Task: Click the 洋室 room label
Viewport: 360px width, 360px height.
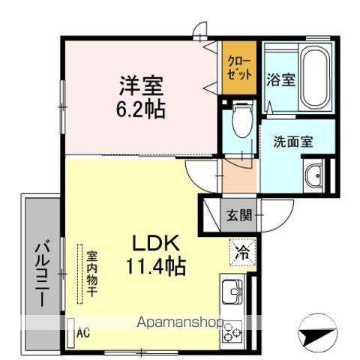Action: click(x=141, y=85)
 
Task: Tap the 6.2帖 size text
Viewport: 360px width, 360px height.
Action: click(x=141, y=109)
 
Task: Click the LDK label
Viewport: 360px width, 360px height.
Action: click(x=156, y=243)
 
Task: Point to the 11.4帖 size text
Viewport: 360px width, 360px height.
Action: click(x=156, y=266)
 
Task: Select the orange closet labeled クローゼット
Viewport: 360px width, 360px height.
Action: click(x=239, y=67)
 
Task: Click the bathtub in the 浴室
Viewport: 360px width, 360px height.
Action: click(x=314, y=78)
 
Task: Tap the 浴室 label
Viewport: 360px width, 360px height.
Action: click(x=281, y=79)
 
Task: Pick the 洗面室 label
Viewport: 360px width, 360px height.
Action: click(x=293, y=142)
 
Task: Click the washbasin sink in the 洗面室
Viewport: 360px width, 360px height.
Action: click(x=313, y=175)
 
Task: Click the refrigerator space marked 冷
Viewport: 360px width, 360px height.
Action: click(x=242, y=252)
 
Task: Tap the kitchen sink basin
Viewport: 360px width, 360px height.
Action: click(x=232, y=291)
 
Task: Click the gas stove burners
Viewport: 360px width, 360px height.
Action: click(x=232, y=332)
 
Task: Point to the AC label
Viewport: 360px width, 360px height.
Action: click(x=83, y=333)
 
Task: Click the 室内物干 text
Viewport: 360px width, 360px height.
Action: click(x=91, y=274)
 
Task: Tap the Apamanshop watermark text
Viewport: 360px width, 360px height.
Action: click(x=180, y=322)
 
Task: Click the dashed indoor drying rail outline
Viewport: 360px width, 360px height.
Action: click(x=80, y=274)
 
